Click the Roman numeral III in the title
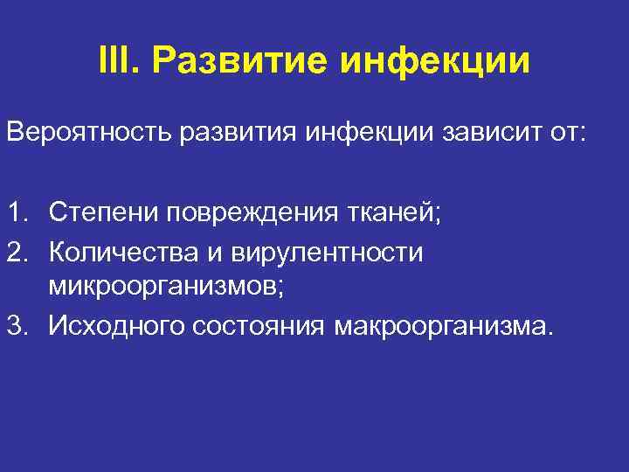116,62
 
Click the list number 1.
17,212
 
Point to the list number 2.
17,252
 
